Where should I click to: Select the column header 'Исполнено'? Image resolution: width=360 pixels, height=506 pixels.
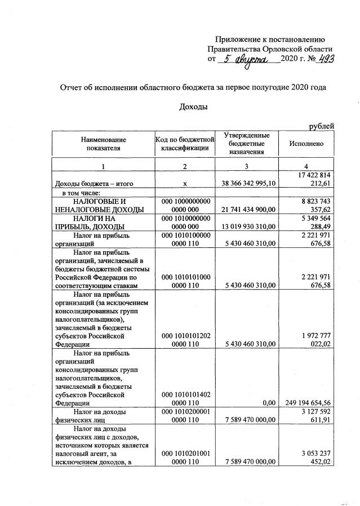[306, 144]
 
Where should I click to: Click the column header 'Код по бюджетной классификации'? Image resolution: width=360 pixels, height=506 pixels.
[185, 144]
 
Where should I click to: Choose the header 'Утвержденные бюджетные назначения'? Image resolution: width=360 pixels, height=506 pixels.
[247, 144]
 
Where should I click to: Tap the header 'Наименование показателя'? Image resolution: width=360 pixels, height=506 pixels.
[103, 144]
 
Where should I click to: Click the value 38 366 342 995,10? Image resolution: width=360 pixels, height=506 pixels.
[247, 184]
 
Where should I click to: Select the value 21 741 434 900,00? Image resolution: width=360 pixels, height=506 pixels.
[247, 210]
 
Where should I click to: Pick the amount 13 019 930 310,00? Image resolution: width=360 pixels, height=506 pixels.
[247, 227]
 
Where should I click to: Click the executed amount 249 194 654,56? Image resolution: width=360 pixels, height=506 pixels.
[307, 403]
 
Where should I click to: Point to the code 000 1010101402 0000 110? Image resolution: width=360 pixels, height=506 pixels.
[185, 399]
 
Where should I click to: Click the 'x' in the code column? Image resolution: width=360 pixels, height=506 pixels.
[185, 184]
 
